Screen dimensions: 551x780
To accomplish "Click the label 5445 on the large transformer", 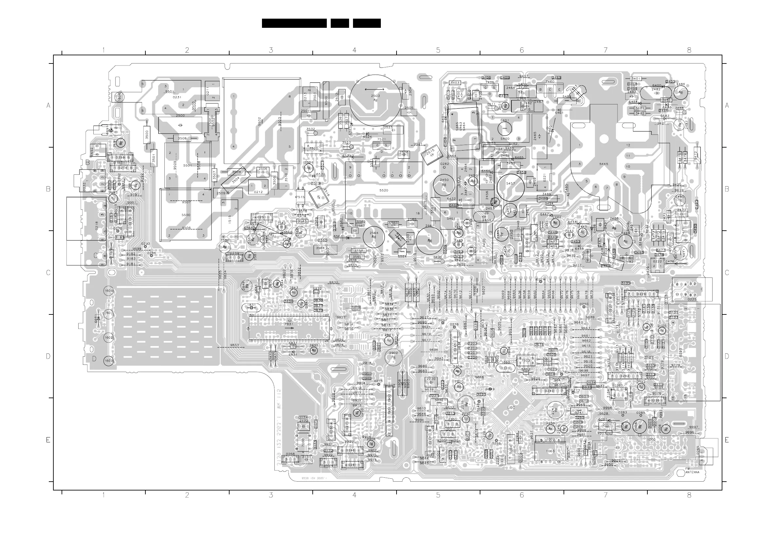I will (604, 164).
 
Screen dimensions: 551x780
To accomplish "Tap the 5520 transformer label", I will (383, 190).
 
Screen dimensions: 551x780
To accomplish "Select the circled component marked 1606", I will (118, 96).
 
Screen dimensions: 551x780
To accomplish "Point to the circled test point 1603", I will (108, 361).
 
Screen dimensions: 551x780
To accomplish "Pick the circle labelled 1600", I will (108, 291).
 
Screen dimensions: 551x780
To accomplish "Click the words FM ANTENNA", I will (692, 471).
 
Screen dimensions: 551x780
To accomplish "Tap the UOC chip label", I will (511, 407).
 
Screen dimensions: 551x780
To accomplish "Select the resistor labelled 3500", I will (147, 134).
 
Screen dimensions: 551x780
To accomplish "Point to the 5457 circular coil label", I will (510, 184).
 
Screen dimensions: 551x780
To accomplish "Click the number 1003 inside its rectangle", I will (550, 451).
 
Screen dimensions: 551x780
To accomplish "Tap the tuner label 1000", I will (651, 440).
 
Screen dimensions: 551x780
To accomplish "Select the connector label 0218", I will (97, 226).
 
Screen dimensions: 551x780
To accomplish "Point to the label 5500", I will (186, 215).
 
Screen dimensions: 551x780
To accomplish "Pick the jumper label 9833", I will (234, 345).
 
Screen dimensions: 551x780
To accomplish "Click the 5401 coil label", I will (505, 121).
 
